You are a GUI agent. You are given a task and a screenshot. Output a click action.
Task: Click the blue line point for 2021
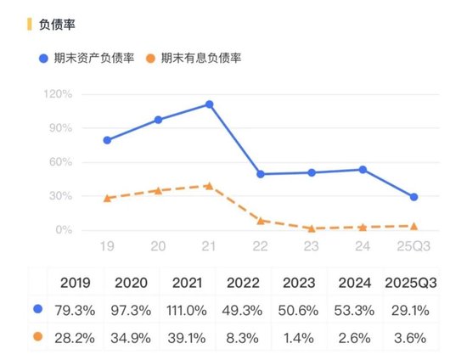[x=209, y=104]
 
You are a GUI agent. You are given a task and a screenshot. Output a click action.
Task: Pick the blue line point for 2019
[x=107, y=140]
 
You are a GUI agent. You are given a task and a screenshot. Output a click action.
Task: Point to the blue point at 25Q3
[x=414, y=197]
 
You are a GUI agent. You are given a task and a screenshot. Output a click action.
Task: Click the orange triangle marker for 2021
[x=209, y=185]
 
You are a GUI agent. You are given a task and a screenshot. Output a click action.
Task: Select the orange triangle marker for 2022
[x=260, y=220]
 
